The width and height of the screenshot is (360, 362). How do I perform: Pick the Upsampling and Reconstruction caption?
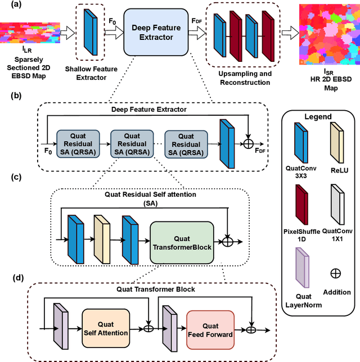tap(244, 78)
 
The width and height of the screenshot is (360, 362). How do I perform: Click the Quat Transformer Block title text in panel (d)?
tap(164, 289)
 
